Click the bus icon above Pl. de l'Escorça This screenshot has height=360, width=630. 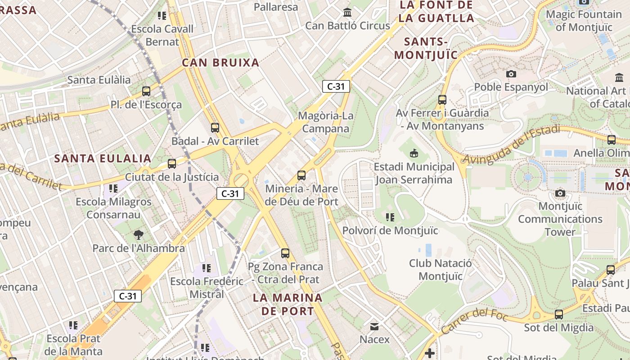coord(146,91)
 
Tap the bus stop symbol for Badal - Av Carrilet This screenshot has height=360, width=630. coord(215,128)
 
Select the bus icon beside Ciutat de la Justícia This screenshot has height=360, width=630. coord(172,164)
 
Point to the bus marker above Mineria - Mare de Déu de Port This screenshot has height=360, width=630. coord(301,175)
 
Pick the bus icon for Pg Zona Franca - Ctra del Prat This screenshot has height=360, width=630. coord(285,253)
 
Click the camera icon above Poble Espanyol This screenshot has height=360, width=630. coord(511,74)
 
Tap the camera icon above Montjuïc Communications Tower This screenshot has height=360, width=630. coord(560,193)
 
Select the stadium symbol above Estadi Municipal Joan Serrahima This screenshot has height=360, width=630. coord(414,153)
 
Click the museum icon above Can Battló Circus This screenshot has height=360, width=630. coord(347,12)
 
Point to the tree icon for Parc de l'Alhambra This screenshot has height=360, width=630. coord(139,234)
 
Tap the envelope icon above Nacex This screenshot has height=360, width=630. coord(374,326)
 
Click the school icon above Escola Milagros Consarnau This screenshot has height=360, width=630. coord(113,188)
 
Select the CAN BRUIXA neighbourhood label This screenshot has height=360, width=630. coord(220,63)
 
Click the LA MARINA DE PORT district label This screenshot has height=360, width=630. coord(288,304)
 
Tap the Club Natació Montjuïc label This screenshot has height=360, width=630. coord(441,270)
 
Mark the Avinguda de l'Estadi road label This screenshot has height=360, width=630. coord(512,145)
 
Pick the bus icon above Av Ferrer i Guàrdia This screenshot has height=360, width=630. coord(442,100)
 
